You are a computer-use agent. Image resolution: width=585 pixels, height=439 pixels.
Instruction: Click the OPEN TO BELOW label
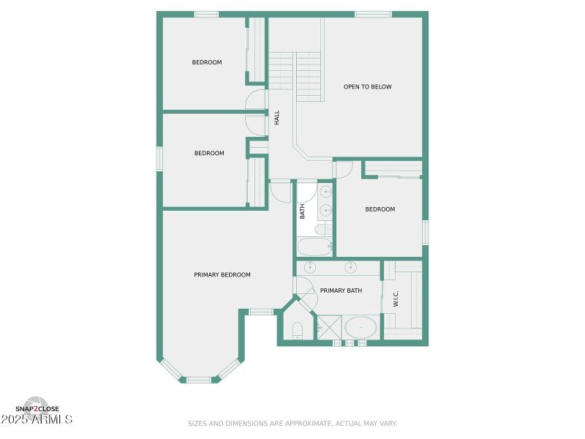pyautogui.click(x=367, y=87)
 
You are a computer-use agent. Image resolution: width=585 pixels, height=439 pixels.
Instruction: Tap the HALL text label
pyautogui.click(x=277, y=117)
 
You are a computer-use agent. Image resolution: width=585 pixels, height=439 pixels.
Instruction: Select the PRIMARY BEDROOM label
pyautogui.click(x=222, y=275)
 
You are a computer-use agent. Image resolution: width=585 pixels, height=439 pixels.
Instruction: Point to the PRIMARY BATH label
pyautogui.click(x=341, y=291)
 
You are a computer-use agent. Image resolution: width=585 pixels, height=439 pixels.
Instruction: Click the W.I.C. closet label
pyautogui.click(x=396, y=299)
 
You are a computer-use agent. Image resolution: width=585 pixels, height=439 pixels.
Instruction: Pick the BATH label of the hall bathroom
pyautogui.click(x=302, y=211)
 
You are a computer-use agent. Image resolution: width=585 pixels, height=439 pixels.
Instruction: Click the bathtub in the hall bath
pyautogui.click(x=314, y=246)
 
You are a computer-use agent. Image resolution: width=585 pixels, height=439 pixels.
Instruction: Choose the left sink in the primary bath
pyautogui.click(x=310, y=266)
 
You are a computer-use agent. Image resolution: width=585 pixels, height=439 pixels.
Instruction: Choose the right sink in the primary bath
pyautogui.click(x=352, y=266)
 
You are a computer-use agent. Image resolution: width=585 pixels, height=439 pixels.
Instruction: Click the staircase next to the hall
pyautogui.click(x=295, y=76)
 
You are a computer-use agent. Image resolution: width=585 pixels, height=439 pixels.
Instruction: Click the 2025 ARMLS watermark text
pyautogui.click(x=38, y=420)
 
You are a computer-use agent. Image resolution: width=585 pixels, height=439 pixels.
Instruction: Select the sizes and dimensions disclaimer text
pyautogui.click(x=292, y=424)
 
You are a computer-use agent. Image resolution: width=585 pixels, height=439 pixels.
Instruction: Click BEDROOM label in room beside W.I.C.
pyautogui.click(x=380, y=209)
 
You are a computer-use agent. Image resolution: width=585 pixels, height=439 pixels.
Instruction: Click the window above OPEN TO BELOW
pyautogui.click(x=373, y=15)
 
